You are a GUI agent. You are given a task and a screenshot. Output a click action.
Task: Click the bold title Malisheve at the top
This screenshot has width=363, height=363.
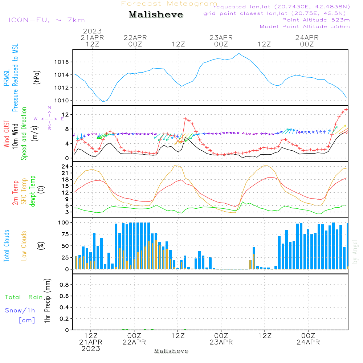[156, 15]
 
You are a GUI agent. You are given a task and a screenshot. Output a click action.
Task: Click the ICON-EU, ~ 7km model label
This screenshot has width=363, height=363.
[47, 20]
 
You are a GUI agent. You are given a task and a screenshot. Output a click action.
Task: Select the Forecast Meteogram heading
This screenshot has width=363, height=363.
[169, 4]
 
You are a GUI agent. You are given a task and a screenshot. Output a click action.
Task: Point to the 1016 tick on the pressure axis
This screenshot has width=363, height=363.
[62, 62]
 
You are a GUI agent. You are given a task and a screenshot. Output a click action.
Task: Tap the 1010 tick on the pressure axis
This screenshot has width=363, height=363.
[62, 101]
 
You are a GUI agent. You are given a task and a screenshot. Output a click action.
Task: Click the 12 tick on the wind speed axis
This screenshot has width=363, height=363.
[65, 115]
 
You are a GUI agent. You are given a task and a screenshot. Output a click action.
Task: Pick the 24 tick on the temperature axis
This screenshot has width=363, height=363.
[65, 167]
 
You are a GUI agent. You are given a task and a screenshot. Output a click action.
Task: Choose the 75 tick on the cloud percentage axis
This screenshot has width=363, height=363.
[65, 234]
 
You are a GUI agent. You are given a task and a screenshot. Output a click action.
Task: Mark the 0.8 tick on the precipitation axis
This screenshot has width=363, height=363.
[64, 285]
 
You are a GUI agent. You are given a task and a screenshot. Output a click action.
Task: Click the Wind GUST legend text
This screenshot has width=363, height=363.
[7, 134]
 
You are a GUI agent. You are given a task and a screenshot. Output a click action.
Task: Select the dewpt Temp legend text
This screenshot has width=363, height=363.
[32, 191]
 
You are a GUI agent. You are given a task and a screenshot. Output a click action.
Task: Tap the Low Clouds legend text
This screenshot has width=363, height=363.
[24, 246]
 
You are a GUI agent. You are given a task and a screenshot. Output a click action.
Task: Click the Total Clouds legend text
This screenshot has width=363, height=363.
[7, 246]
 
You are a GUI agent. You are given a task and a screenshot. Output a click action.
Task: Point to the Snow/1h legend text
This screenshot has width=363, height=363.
[20, 310]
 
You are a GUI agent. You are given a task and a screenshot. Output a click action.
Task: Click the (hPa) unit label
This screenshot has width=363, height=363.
[37, 77]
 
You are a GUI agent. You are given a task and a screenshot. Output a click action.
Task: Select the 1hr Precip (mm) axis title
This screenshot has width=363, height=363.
[47, 301]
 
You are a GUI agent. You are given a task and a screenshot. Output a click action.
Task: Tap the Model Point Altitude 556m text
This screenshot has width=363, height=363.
[305, 26]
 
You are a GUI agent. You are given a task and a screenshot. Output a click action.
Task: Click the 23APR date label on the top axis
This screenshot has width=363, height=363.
[221, 37]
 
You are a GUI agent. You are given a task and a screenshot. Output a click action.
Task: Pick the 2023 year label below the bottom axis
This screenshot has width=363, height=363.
[91, 348]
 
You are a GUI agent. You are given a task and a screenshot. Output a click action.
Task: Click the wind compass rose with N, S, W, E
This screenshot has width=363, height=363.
[49, 119]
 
